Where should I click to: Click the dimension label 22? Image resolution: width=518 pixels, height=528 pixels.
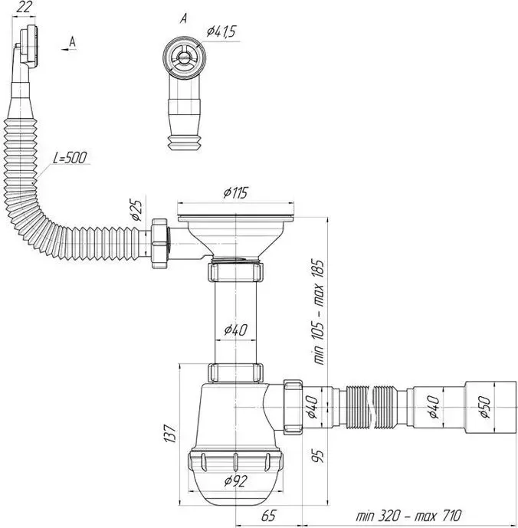pyautogui.click(x=24, y=7)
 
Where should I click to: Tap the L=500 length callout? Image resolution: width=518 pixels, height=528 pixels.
pyautogui.click(x=70, y=158)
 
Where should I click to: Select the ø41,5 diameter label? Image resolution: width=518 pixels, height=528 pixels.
pyautogui.click(x=221, y=31)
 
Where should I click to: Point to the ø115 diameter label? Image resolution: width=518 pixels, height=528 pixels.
pyautogui.click(x=235, y=193)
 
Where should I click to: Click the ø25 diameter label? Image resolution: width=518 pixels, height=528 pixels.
pyautogui.click(x=137, y=210)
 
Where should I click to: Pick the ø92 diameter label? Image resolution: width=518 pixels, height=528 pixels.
pyautogui.click(x=236, y=480)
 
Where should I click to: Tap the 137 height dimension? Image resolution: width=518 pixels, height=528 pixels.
pyautogui.click(x=169, y=434)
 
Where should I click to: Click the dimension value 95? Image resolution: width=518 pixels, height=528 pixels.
pyautogui.click(x=318, y=456)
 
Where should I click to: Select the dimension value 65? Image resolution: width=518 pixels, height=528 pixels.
pyautogui.click(x=268, y=515)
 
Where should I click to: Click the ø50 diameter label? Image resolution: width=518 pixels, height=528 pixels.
pyautogui.click(x=484, y=407)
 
